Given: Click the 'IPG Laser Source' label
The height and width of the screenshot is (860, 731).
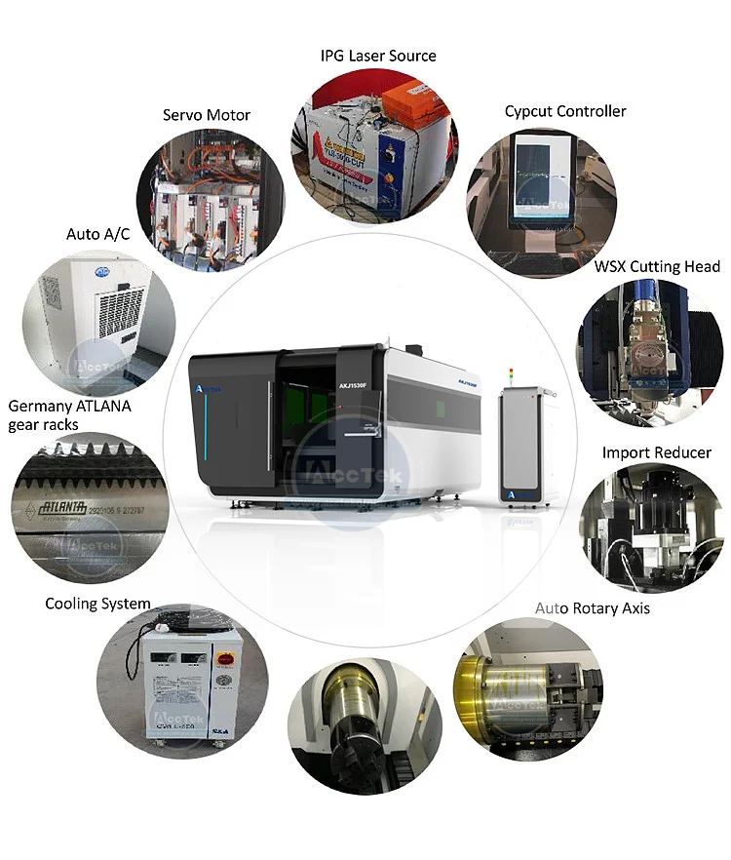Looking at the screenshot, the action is coord(378,56).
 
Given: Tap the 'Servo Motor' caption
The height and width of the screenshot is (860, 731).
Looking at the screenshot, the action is coord(206,115).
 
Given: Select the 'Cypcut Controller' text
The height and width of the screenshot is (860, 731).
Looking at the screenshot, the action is coord(564,111).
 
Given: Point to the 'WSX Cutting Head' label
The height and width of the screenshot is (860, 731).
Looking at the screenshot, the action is coord(657,266).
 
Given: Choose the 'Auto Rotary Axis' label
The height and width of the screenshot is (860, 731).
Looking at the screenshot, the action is coord(592,608).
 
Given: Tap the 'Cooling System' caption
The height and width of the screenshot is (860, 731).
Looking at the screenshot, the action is coord(97,604).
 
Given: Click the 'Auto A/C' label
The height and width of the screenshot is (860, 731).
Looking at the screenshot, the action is coord(97,234).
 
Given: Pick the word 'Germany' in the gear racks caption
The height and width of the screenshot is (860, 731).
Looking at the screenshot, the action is coord(40,406).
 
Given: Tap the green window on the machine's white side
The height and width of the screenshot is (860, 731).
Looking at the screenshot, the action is coord(442,404).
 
